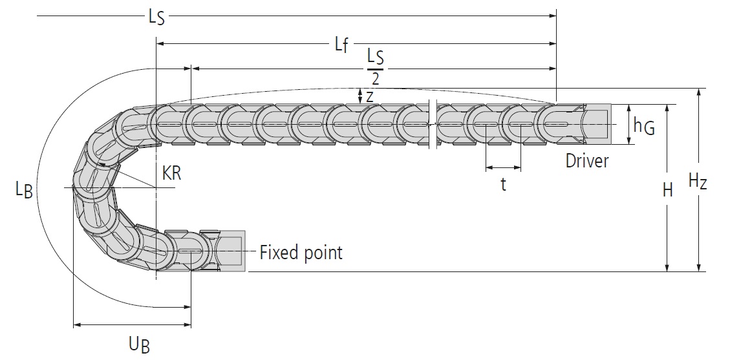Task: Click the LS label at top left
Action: [156, 17]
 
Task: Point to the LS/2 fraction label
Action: [375, 67]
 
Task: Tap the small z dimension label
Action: [370, 96]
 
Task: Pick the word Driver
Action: [587, 160]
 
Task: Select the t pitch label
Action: [503, 185]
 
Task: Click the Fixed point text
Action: [301, 252]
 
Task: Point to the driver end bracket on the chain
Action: [595, 123]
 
